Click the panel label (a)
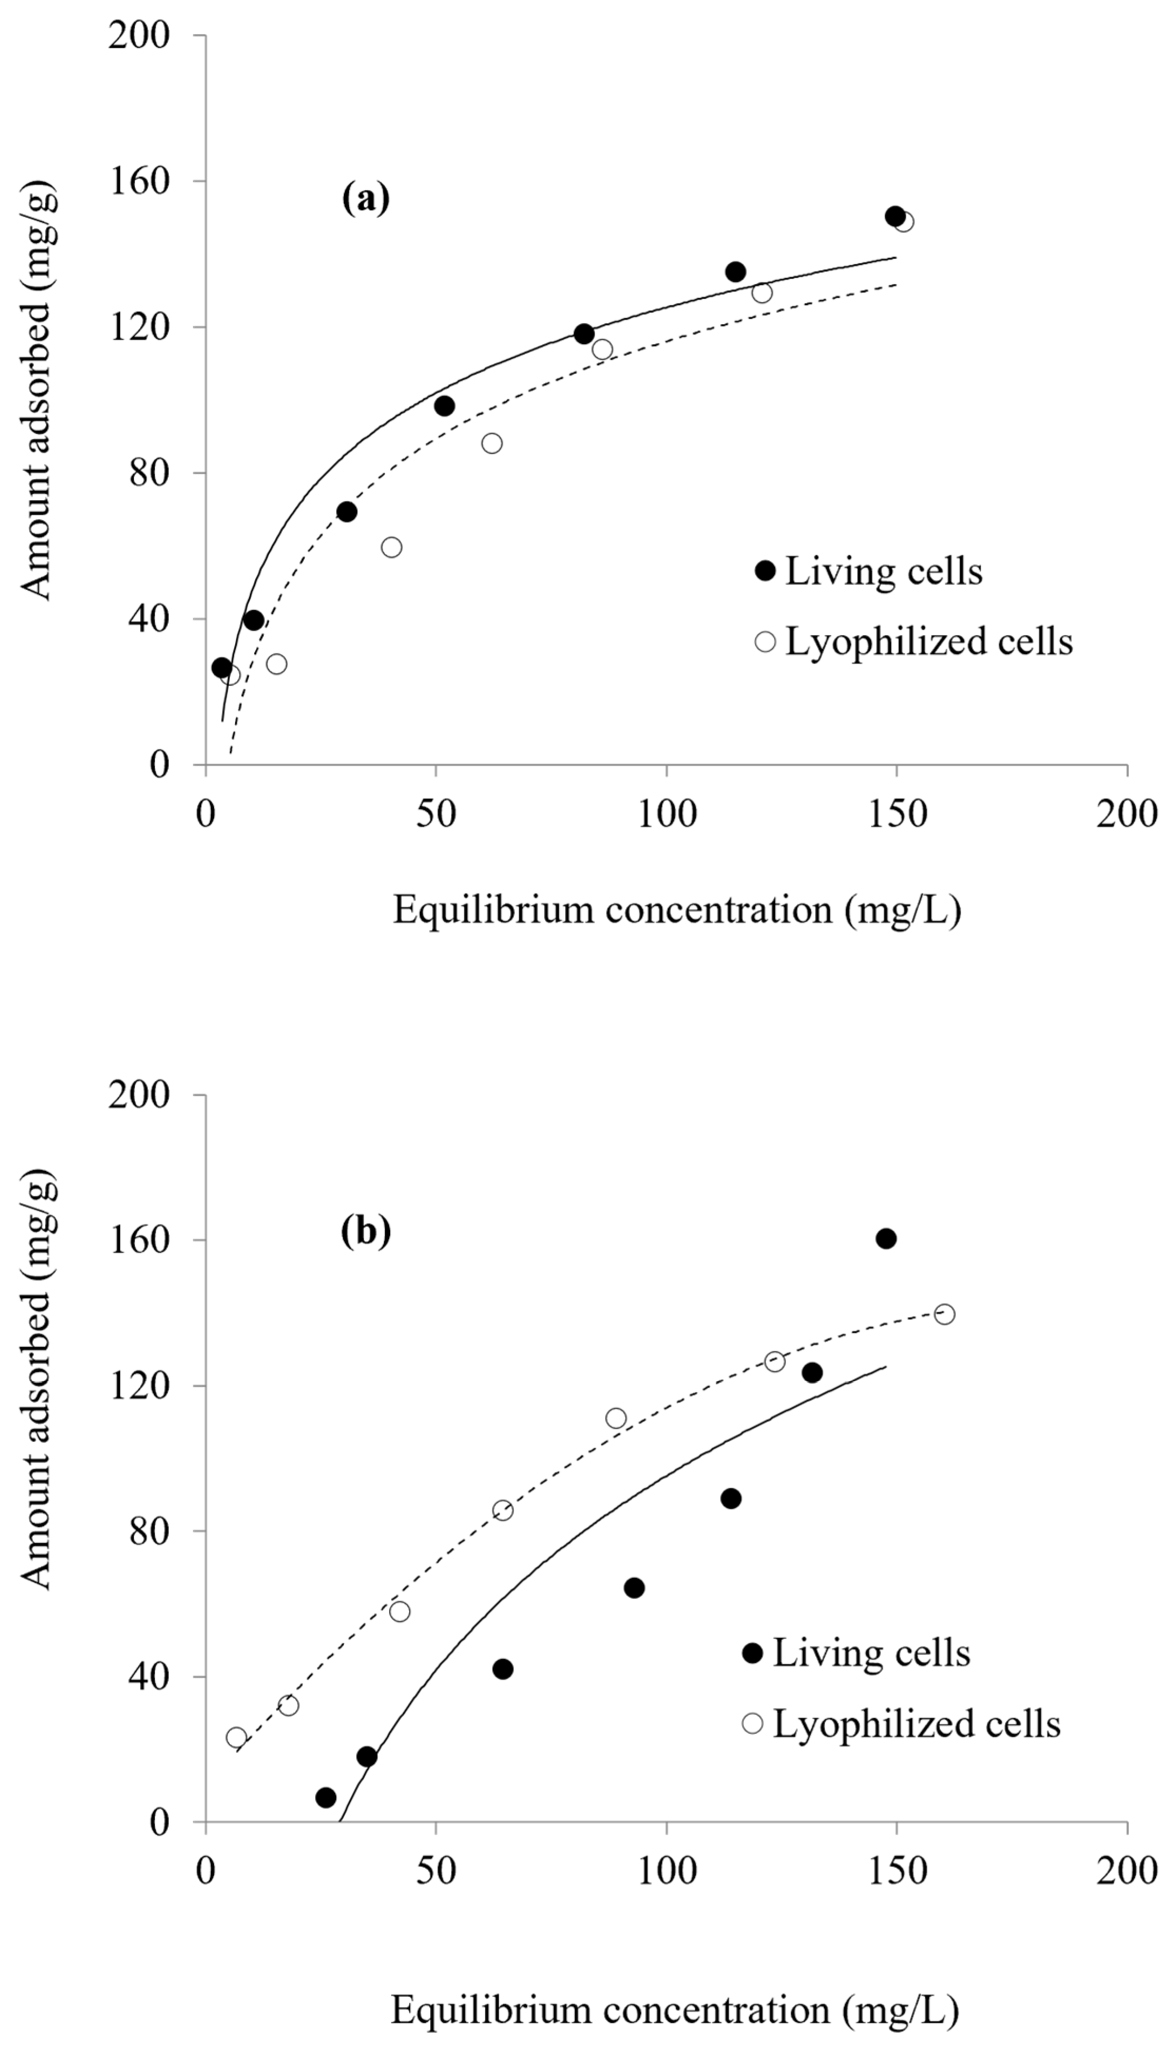tap(366, 199)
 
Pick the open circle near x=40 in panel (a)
tap(392, 547)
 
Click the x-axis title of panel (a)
tap(677, 911)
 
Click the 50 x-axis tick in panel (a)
tap(436, 815)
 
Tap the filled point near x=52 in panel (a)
tap(444, 406)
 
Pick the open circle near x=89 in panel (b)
tap(616, 1418)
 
